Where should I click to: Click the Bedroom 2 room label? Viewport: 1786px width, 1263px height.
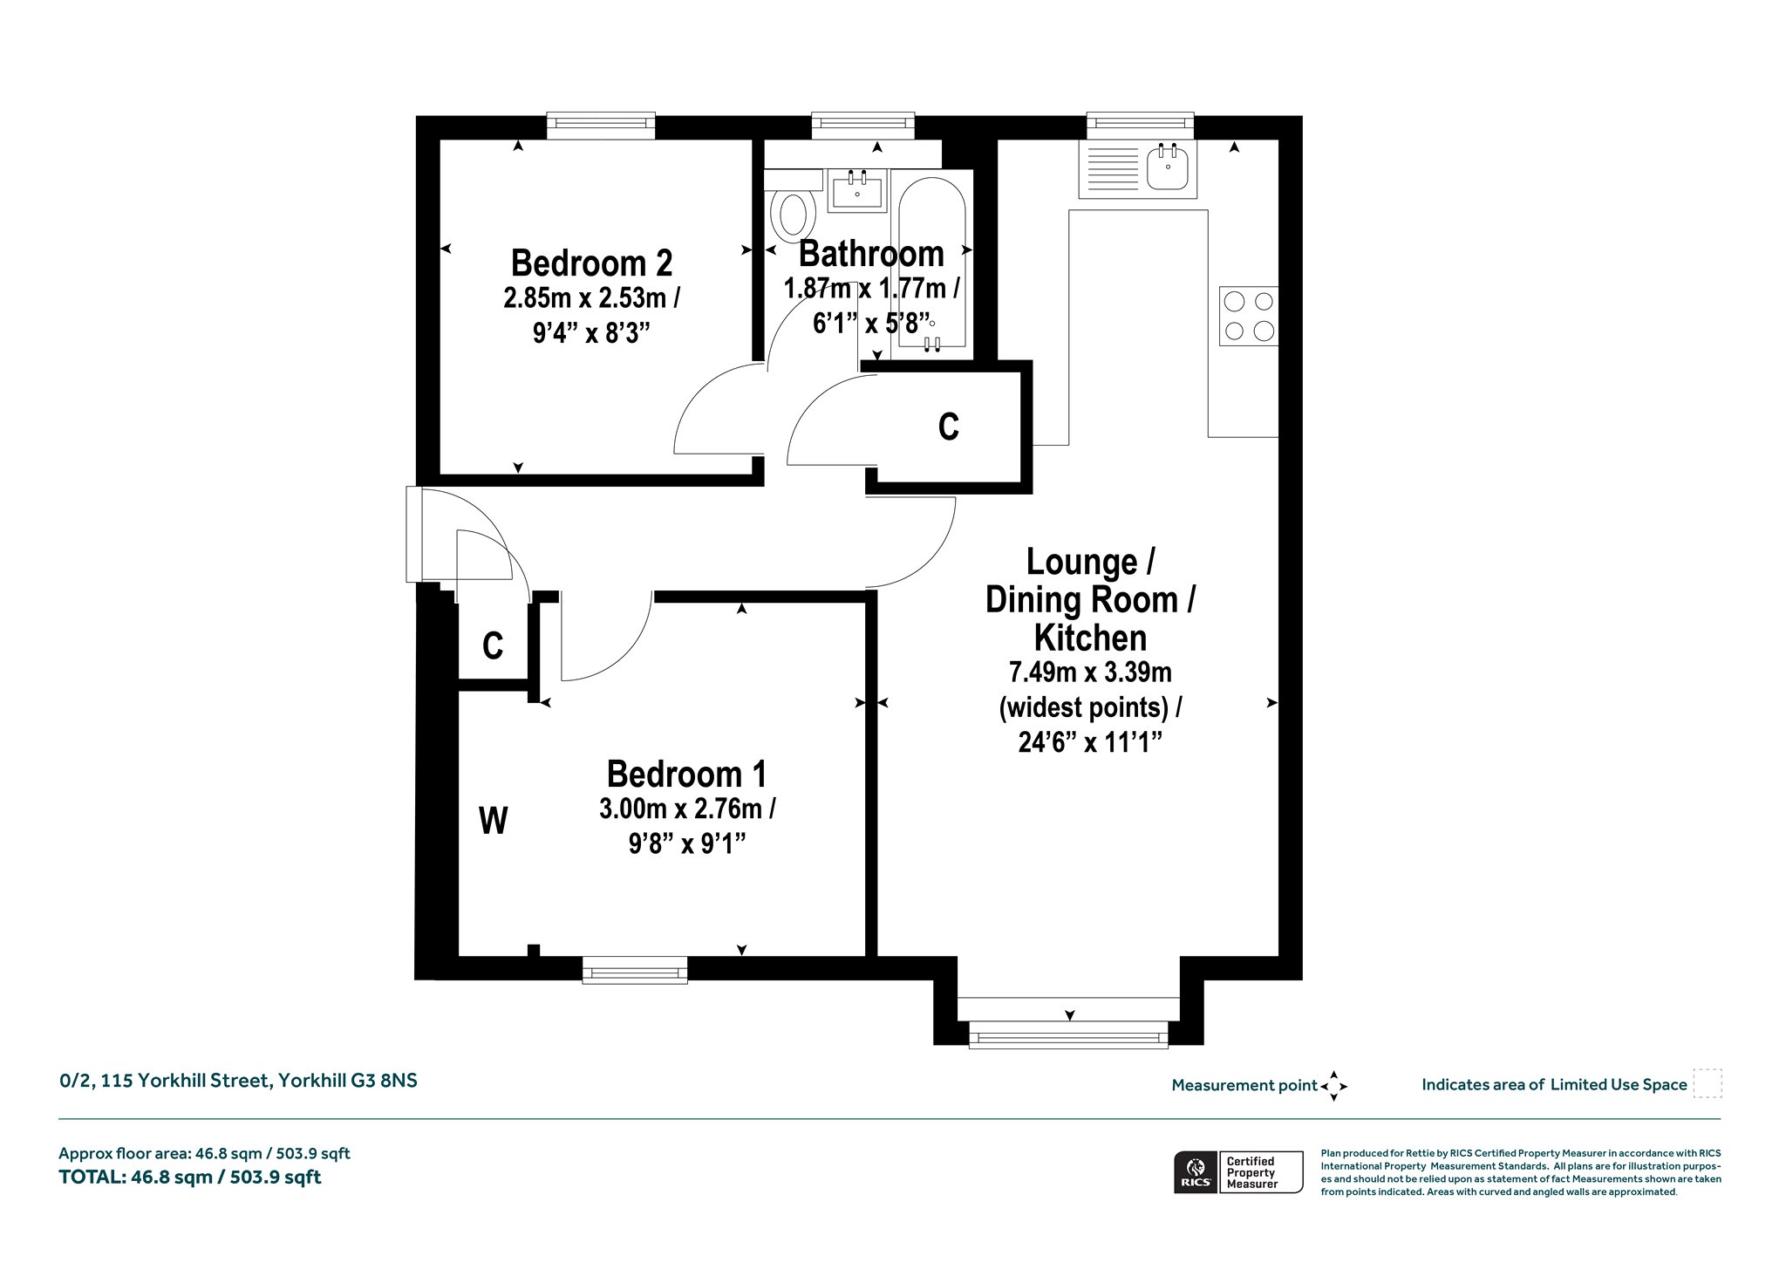tap(591, 263)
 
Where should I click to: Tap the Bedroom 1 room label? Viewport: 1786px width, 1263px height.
tap(687, 774)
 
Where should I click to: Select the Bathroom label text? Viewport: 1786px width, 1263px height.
tap(871, 254)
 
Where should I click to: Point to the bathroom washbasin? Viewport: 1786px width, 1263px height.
tap(857, 189)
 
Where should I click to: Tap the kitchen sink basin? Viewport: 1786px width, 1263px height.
tap(1168, 167)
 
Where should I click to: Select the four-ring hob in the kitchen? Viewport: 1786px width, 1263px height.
tap(1248, 316)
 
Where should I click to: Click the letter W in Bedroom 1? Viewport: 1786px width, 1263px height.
tap(494, 821)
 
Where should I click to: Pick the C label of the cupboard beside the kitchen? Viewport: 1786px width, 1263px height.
tap(948, 427)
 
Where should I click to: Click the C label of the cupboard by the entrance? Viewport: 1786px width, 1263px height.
tap(493, 646)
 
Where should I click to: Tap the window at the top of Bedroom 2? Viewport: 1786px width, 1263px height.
tap(601, 126)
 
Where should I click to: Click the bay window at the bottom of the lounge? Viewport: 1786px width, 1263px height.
tap(1068, 1035)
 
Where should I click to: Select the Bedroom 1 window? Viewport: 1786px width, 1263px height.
tap(635, 970)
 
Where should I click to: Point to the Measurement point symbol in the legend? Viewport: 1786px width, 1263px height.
tap(1333, 1086)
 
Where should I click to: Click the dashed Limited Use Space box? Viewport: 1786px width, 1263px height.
tap(1708, 1083)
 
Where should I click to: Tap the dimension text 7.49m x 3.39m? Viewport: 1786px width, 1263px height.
tap(1090, 672)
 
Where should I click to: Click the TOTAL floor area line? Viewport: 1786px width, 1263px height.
tap(190, 1178)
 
